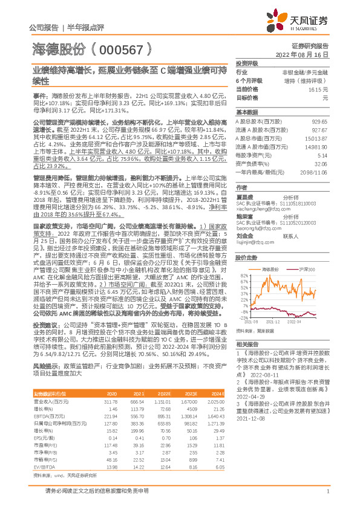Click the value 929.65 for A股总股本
point(320,122)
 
